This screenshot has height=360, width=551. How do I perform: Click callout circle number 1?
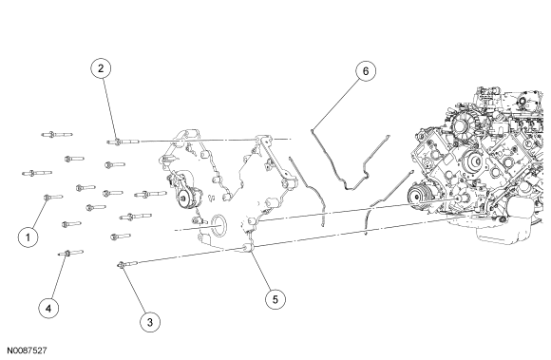tap(28, 237)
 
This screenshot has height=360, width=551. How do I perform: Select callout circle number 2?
tap(101, 68)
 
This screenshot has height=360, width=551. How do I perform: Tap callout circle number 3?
tap(150, 322)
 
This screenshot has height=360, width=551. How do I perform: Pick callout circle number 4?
tap(48, 309)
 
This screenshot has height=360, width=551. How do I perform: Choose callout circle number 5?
tap(275, 299)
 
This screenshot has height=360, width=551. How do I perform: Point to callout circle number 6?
tap(366, 71)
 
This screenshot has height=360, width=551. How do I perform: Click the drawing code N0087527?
tap(27, 351)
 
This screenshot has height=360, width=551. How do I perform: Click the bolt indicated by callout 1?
tap(53, 198)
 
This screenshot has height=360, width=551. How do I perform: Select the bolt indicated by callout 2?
tap(123, 142)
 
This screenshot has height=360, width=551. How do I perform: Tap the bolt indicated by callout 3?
tap(127, 264)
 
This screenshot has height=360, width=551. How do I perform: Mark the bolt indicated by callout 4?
tap(70, 253)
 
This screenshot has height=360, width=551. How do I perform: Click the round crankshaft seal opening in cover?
tap(218, 225)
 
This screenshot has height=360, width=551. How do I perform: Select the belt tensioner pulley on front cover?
tap(186, 199)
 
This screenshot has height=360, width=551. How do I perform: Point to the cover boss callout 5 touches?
tap(249, 248)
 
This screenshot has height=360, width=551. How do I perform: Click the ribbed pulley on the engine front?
tap(419, 197)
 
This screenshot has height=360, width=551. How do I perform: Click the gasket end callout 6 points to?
tap(312, 131)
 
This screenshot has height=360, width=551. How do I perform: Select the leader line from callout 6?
tap(335, 104)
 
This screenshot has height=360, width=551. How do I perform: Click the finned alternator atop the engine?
tap(465, 124)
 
